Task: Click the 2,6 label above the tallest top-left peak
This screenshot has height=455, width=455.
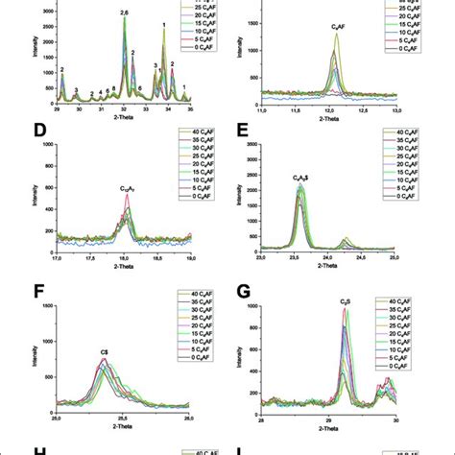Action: coord(124,12)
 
